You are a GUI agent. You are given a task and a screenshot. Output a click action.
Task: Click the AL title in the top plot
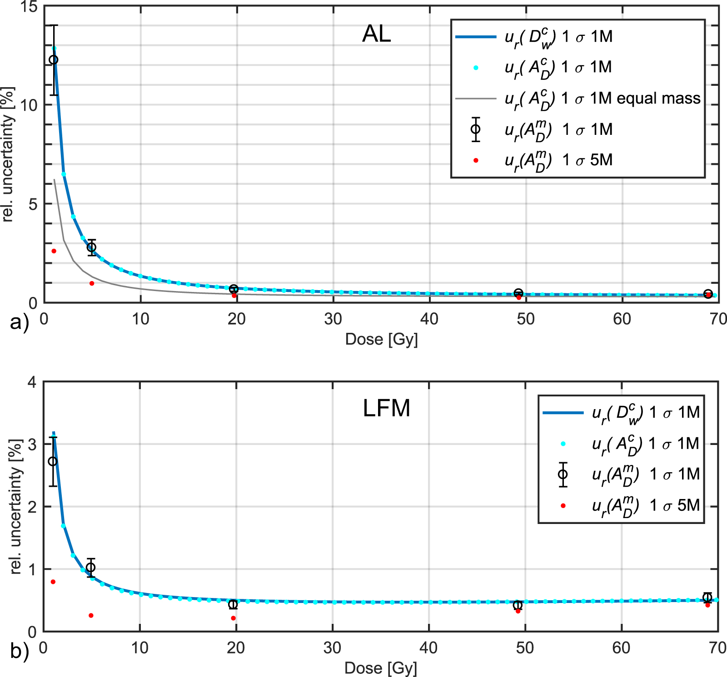(376, 34)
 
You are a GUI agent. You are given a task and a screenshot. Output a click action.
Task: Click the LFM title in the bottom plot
(386, 408)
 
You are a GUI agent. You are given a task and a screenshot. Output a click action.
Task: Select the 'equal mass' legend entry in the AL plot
(603, 99)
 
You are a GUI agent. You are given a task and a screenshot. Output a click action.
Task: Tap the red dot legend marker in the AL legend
(476, 160)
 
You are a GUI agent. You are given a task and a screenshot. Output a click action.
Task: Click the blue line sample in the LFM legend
(563, 413)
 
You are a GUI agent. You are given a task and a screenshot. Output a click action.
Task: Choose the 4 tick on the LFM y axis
(32, 382)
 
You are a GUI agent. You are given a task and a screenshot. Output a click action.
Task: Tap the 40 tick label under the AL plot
(429, 319)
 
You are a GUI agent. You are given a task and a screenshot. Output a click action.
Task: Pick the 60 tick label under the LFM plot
(621, 647)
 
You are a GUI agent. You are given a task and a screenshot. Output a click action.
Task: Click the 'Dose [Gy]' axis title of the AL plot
(381, 339)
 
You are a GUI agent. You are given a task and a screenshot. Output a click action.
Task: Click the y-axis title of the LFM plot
(16, 506)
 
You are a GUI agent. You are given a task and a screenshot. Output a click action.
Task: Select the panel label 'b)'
(19, 651)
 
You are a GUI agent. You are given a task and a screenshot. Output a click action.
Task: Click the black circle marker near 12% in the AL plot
(54, 59)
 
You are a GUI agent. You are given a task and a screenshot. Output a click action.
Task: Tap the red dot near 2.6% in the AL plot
(54, 251)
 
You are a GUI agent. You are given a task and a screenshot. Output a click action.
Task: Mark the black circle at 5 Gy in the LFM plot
(91, 567)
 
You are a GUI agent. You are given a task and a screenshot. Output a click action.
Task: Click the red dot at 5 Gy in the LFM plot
(91, 616)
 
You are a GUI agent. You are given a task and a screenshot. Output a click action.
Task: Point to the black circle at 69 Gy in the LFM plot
(707, 598)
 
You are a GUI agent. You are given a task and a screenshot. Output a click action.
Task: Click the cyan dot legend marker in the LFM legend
(563, 444)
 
